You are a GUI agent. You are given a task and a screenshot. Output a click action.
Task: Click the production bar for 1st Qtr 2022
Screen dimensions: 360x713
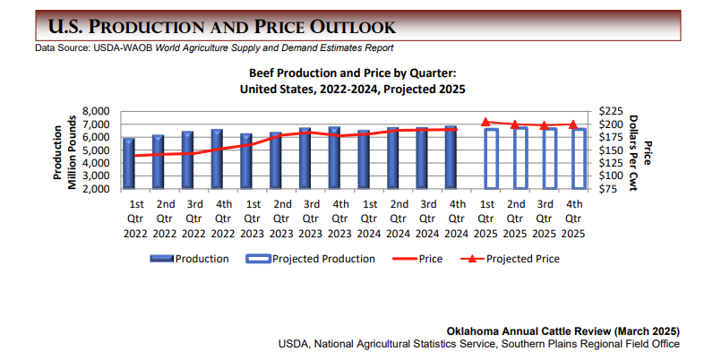(x=129, y=164)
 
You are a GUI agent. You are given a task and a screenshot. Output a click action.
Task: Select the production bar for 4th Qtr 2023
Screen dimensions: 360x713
(x=334, y=159)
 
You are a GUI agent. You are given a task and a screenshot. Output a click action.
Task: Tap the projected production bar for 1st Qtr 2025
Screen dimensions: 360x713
(x=491, y=159)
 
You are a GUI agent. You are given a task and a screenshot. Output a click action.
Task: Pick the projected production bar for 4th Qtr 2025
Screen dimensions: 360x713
(x=579, y=159)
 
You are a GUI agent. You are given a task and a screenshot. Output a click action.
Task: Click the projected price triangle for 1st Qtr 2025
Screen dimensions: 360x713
(x=485, y=122)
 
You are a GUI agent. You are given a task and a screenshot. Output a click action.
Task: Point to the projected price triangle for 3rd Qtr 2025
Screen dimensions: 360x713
(x=544, y=125)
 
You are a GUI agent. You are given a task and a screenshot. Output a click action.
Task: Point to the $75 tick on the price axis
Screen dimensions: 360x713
(x=612, y=189)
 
